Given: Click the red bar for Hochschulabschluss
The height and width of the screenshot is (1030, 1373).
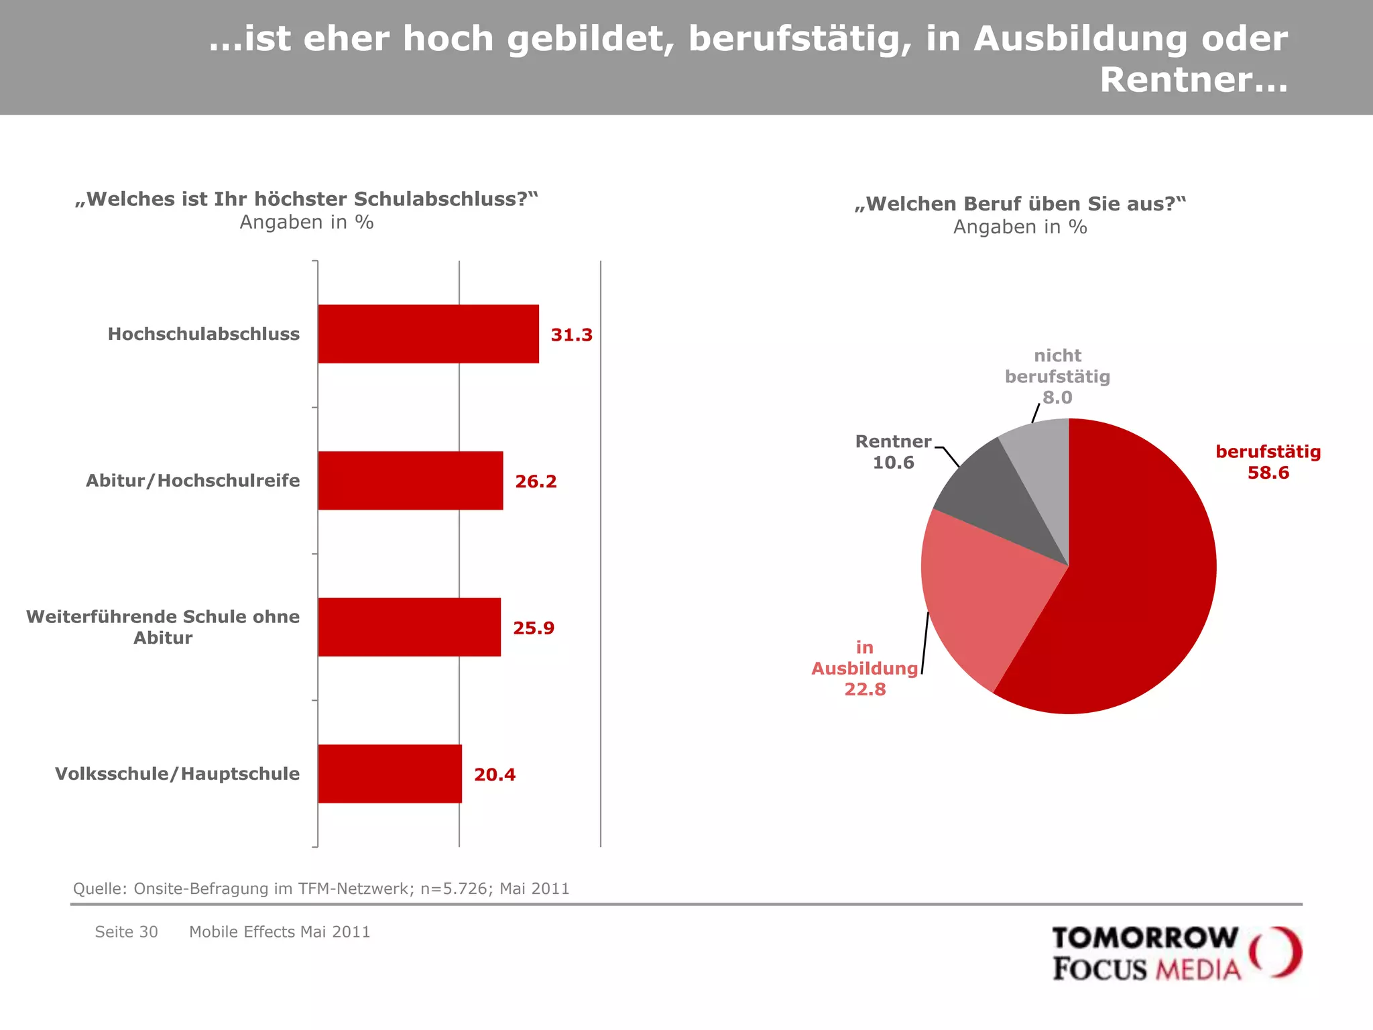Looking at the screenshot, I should click(428, 334).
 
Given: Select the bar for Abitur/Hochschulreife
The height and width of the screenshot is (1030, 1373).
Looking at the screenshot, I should click(410, 480).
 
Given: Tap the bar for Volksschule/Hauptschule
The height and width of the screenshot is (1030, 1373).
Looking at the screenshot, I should click(390, 773).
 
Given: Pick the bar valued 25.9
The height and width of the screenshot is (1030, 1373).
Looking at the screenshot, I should click(409, 627).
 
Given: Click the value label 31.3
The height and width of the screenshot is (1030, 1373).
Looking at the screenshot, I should click(571, 335).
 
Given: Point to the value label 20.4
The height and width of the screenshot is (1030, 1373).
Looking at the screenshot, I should click(495, 775).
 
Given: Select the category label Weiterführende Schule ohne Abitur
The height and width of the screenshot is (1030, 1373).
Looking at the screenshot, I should click(163, 626).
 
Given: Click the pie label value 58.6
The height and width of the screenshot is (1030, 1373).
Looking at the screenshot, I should click(1268, 473).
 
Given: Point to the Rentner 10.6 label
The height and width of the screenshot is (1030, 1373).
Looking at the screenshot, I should click(893, 451).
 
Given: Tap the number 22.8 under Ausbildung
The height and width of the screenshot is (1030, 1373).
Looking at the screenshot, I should click(865, 689).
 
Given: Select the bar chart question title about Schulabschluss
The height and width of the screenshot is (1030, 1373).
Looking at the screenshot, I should click(306, 199).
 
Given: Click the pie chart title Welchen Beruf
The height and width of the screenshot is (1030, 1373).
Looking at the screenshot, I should click(1020, 204).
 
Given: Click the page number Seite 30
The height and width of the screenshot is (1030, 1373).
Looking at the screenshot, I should click(126, 932).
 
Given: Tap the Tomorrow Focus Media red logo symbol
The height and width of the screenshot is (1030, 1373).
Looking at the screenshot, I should click(1275, 952).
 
